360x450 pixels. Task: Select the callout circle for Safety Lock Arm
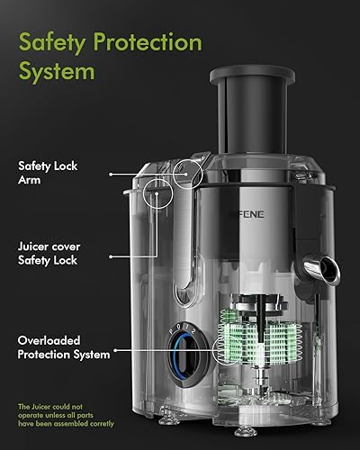click(186, 173)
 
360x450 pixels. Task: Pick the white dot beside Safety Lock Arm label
click(112, 173)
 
